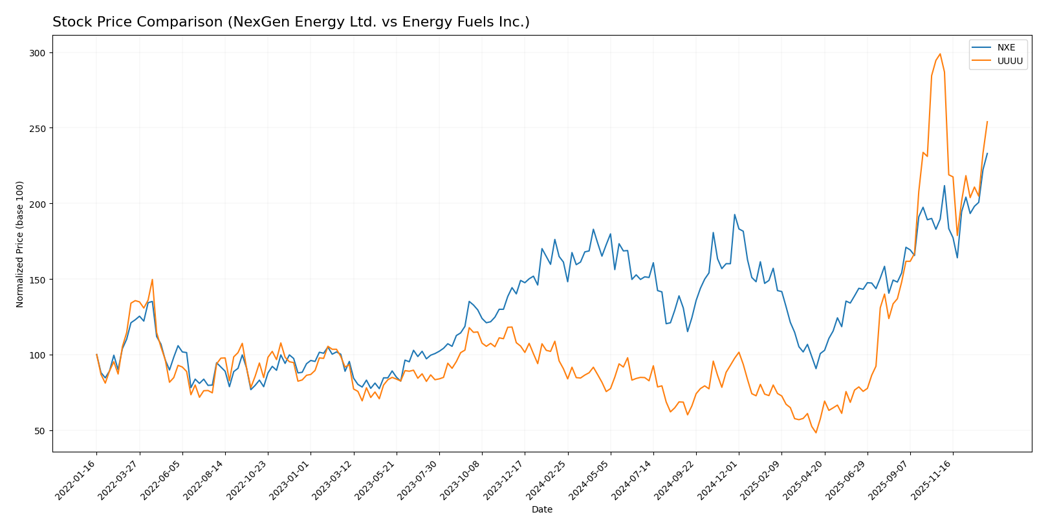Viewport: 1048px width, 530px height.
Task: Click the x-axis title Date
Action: [541, 510]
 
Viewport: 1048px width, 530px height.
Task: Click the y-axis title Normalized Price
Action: [20, 244]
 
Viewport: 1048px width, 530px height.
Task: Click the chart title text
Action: [290, 22]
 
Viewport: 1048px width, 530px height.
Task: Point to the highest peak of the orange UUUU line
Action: [940, 54]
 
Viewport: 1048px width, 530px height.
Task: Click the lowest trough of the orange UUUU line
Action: [816, 432]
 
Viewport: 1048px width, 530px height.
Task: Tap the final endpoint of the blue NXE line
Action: [987, 153]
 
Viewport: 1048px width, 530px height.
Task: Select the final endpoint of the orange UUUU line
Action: [987, 122]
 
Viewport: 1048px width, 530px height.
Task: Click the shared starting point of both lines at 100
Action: [96, 355]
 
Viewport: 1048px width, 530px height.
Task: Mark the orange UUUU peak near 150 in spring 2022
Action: [152, 280]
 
